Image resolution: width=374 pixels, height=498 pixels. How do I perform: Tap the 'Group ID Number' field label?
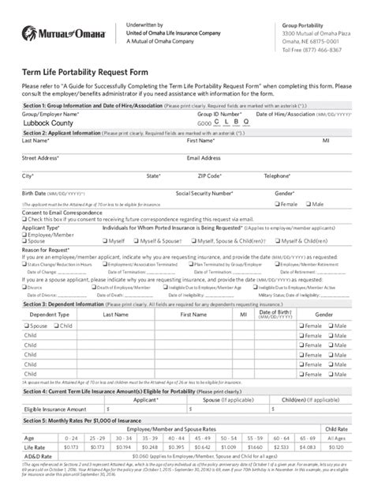tap(220, 114)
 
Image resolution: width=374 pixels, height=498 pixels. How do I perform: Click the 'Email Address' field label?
tap(203, 157)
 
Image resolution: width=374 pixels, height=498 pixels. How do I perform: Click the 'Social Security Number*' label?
tap(204, 192)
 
